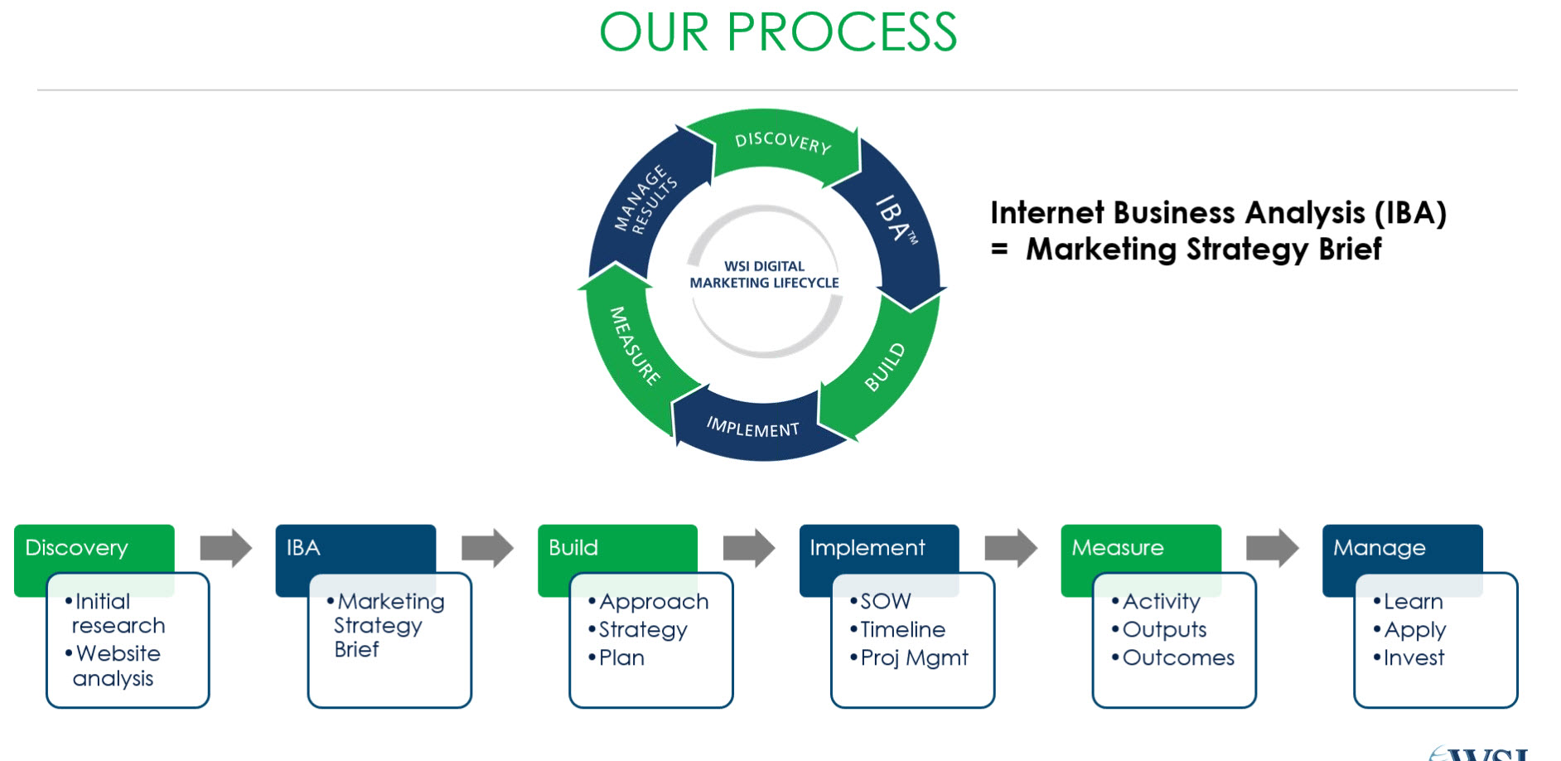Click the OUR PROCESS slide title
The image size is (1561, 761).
(778, 33)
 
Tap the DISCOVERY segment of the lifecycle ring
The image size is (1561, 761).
(781, 143)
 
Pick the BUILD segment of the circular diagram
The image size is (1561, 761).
(885, 367)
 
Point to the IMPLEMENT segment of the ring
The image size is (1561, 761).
(752, 428)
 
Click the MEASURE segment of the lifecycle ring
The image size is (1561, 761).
(634, 346)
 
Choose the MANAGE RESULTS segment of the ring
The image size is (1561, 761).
(645, 200)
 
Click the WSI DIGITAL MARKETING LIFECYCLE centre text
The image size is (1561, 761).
(764, 274)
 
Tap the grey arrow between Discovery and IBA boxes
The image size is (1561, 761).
(225, 548)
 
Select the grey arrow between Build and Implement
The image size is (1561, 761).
(748, 548)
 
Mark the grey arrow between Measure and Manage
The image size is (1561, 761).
(1272, 548)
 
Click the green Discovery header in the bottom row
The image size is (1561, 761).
(77, 548)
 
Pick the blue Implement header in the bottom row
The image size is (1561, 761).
(867, 548)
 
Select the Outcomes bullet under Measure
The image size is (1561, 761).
(1177, 658)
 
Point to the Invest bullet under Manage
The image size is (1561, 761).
(1413, 658)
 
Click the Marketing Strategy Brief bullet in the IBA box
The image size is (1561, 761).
(388, 625)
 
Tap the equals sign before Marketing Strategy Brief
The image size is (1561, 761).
(1000, 250)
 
